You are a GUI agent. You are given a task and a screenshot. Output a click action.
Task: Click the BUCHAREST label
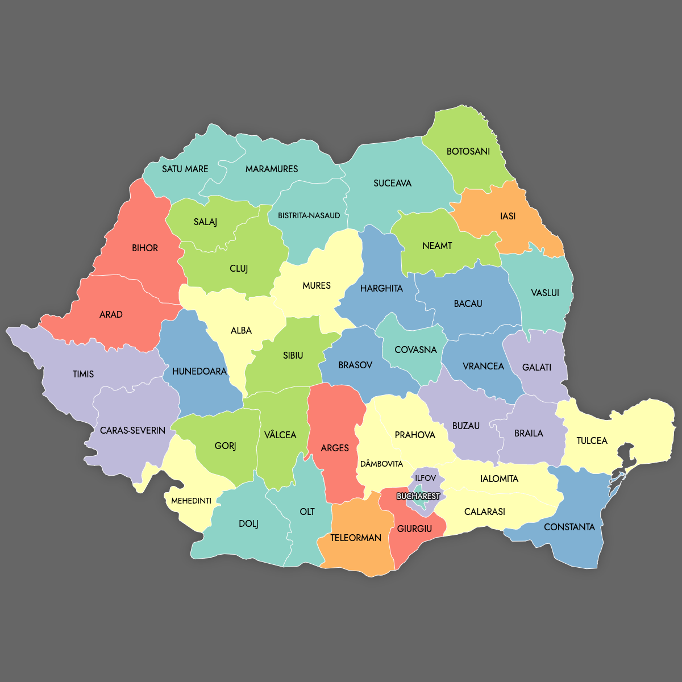418,496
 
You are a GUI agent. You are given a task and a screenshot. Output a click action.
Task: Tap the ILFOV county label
425,478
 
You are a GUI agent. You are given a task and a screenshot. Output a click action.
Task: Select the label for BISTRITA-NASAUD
309,215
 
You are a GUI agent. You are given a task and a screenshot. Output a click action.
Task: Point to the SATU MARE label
185,169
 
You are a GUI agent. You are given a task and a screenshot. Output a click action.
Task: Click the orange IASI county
508,216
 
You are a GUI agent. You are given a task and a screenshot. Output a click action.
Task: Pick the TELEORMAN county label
356,538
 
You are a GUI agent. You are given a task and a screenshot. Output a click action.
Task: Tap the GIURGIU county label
414,529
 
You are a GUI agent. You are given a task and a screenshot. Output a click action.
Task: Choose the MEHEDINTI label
192,501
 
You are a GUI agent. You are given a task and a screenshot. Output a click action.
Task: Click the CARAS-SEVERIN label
132,430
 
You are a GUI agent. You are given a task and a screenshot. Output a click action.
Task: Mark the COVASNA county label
415,350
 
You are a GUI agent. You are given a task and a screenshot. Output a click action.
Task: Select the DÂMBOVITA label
381,464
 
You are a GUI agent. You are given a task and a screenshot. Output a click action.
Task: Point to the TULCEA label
592,440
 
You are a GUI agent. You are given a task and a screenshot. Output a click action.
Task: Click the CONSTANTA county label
569,527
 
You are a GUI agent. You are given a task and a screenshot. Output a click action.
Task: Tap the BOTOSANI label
468,151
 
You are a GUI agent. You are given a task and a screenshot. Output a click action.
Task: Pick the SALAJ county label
205,222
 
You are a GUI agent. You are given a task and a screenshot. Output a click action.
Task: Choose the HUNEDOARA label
199,371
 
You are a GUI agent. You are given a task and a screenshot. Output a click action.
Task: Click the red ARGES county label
335,448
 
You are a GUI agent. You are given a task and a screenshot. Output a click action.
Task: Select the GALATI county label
537,367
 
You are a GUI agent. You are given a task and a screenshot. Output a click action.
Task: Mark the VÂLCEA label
280,435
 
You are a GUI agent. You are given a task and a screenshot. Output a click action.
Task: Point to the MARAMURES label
272,169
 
